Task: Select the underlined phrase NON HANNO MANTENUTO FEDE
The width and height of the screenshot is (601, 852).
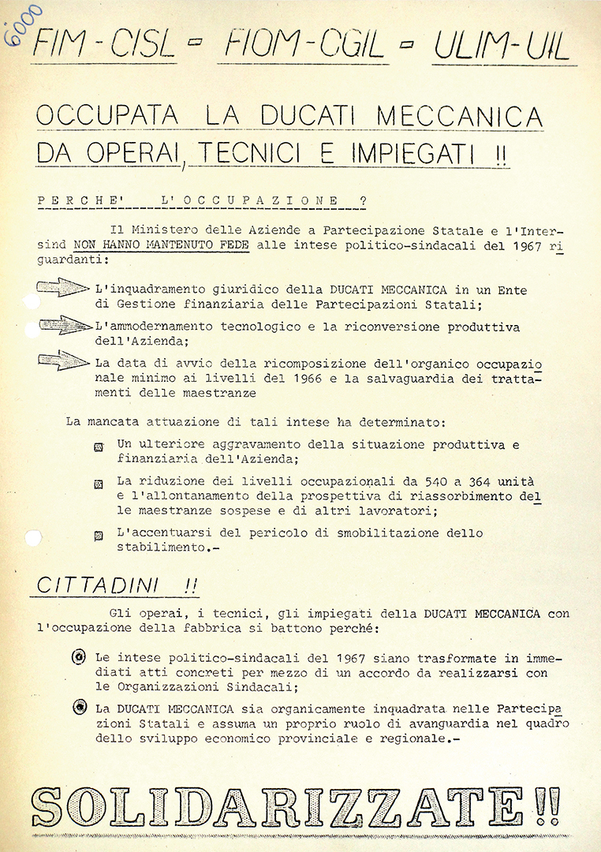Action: point(162,245)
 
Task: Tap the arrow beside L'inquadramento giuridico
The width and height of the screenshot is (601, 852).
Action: point(63,288)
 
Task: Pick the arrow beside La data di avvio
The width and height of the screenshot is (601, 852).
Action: point(63,361)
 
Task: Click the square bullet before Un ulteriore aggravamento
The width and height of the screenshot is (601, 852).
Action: point(99,447)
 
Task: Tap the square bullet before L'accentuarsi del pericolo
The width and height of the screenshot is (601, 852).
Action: point(99,535)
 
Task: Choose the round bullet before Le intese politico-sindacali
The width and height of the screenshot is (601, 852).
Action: point(79,657)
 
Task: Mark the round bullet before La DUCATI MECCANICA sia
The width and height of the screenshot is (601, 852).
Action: point(79,708)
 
